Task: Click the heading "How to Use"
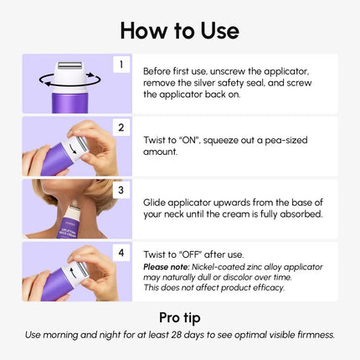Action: [x=179, y=30]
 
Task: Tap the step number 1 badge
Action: [x=121, y=64]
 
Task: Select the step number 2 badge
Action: [x=121, y=127]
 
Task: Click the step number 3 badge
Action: [x=121, y=190]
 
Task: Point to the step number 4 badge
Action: [x=121, y=252]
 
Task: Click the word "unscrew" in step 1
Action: [x=239, y=71]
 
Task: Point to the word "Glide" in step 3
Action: [x=157, y=203]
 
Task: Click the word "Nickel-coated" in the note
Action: [x=226, y=267]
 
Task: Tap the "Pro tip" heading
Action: [x=179, y=317]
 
